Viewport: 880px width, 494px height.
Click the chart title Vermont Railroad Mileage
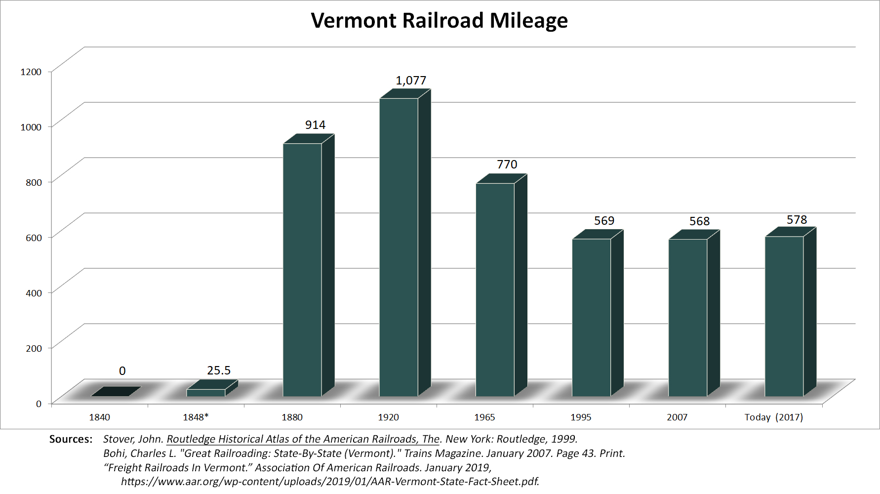439,21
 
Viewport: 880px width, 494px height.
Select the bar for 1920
399,247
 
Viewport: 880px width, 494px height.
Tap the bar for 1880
302,269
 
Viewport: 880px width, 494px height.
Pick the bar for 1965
495,289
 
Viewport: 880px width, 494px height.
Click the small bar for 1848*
206,393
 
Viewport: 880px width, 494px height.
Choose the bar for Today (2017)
784,316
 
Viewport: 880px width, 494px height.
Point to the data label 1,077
410,80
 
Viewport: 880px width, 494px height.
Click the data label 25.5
218,370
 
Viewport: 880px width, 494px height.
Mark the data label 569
603,220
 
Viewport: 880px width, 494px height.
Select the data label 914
315,124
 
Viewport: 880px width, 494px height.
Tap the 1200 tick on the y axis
31,72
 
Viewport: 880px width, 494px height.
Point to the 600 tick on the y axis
34,238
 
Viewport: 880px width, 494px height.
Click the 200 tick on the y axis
34,348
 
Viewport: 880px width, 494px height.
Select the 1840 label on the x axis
99,417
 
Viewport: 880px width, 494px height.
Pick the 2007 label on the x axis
677,417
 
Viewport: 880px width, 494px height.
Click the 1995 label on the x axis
580,417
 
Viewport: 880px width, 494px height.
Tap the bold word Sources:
71,439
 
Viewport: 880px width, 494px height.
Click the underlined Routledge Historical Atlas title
303,439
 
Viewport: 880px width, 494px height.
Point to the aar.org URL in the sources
330,481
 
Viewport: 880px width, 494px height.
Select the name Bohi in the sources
114,453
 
